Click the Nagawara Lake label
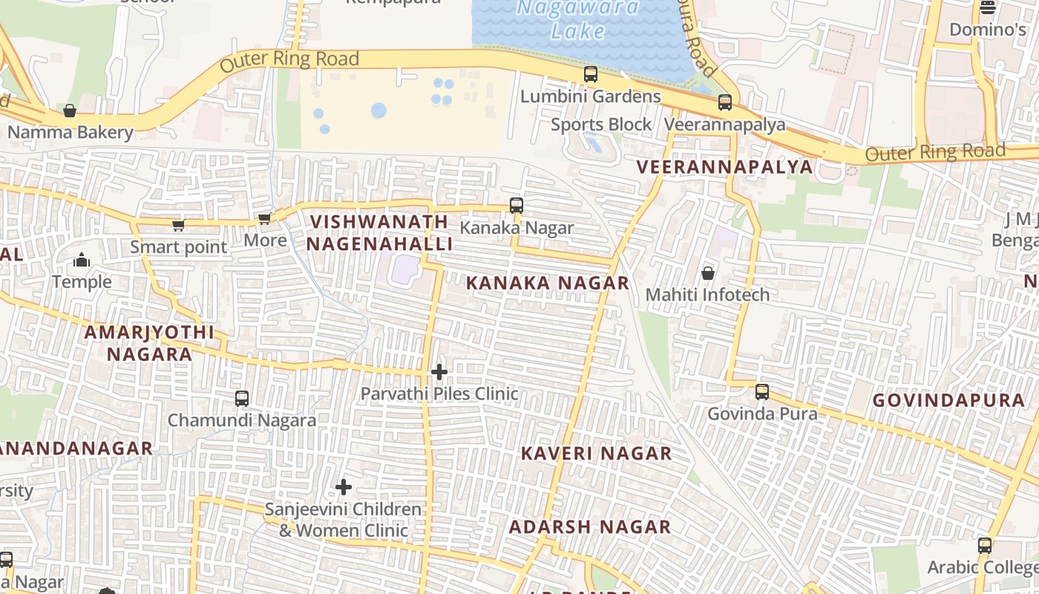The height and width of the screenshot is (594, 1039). click(577, 19)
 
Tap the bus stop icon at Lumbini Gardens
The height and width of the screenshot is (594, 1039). click(591, 74)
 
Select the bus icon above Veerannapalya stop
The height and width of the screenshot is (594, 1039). click(725, 102)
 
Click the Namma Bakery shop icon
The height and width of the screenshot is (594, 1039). click(70, 111)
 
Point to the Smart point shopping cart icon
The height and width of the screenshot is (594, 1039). click(178, 225)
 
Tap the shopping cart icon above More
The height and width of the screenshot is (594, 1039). click(264, 218)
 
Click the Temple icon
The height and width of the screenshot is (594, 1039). click(82, 260)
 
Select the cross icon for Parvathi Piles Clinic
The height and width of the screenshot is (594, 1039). click(439, 371)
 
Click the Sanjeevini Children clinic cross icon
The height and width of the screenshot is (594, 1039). click(344, 487)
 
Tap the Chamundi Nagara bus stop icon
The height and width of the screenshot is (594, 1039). click(242, 399)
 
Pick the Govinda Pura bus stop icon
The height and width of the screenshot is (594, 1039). click(762, 391)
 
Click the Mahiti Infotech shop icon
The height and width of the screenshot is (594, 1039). click(708, 273)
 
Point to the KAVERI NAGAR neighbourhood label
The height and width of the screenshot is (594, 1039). click(596, 453)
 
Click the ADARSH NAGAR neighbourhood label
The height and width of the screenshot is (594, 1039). click(589, 526)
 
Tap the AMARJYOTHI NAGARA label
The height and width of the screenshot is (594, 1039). click(149, 342)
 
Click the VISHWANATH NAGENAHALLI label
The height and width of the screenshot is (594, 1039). click(379, 232)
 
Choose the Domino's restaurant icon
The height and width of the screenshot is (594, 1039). click(988, 8)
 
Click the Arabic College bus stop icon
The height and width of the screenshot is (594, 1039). click(985, 546)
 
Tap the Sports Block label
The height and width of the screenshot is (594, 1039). click(601, 124)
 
